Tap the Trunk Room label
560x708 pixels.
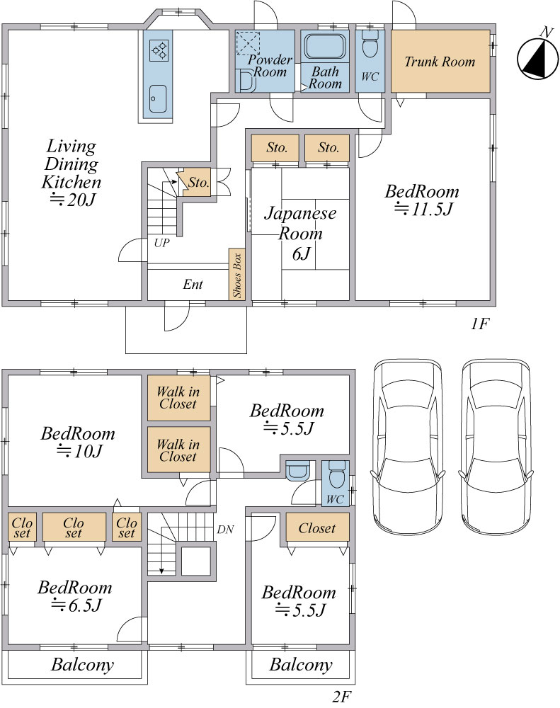point(440,62)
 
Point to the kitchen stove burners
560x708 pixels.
point(159,50)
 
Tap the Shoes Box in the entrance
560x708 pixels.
point(237,274)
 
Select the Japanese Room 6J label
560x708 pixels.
point(300,233)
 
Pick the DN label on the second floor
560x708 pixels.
point(225,529)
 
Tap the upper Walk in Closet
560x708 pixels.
point(178,398)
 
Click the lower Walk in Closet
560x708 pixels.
point(178,450)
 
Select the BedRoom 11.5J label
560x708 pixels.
point(422,200)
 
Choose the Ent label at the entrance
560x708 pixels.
point(193,285)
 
